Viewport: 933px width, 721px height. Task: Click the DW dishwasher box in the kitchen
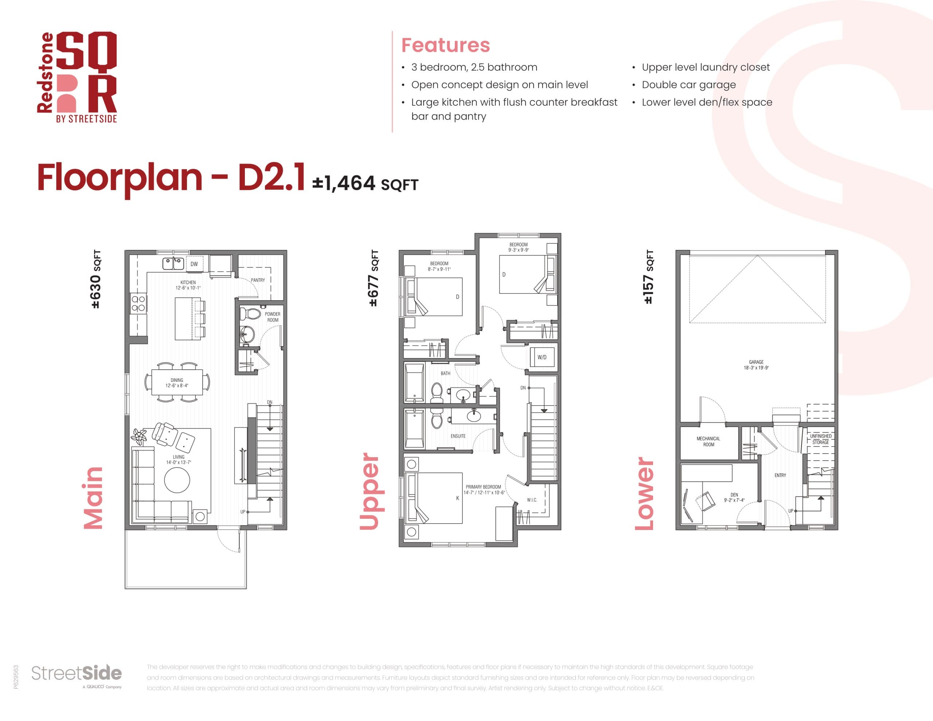194,264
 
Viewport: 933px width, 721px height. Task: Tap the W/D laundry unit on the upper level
542,357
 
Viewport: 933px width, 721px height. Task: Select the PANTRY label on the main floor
258,280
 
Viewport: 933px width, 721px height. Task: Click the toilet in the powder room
250,314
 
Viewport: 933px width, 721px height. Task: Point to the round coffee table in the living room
177,480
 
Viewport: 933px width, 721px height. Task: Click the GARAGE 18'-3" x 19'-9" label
756,365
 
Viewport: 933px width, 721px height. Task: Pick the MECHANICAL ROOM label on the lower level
708,442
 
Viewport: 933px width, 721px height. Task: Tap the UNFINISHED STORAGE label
820,439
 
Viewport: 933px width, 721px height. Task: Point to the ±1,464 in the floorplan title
344,183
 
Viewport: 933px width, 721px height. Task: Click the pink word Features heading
445,45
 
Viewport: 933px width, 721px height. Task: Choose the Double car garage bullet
689,85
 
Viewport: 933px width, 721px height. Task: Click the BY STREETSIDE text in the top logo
86,119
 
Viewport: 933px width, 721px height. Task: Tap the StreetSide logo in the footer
77,674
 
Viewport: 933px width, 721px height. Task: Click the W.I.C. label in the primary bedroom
532,500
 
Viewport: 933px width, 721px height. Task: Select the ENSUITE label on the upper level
458,436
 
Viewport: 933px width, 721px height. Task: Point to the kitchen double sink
173,263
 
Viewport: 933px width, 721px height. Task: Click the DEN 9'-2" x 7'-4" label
734,498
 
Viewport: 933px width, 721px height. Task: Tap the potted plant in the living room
139,436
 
